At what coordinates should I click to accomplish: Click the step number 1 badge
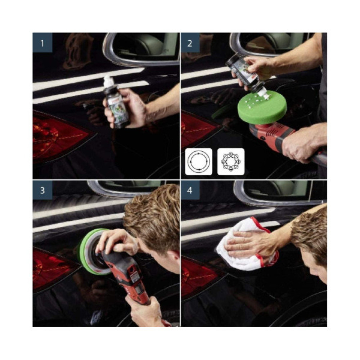click(x=42, y=43)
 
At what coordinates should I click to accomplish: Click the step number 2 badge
click(x=190, y=43)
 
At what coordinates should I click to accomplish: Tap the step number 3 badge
click(x=42, y=190)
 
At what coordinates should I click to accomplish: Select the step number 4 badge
click(x=190, y=190)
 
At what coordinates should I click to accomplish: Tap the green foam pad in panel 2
click(x=262, y=108)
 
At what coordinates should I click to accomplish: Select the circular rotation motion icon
click(x=198, y=161)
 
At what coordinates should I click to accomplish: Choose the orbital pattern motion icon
click(x=230, y=161)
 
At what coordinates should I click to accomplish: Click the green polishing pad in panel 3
click(x=86, y=252)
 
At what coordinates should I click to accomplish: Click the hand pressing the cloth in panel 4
click(x=248, y=245)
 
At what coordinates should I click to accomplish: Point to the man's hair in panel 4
click(x=310, y=234)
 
